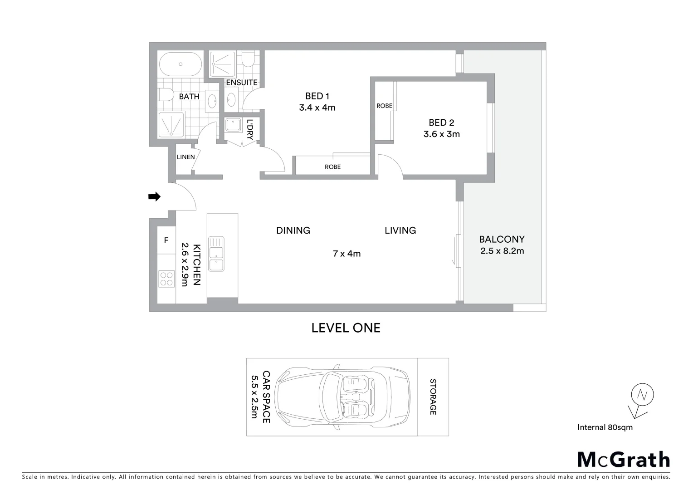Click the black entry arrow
click(154, 196)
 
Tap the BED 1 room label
click(317, 96)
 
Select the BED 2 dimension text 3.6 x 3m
click(441, 134)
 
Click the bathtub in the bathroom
click(181, 64)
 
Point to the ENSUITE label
click(242, 83)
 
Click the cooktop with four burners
click(166, 279)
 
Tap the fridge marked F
click(166, 240)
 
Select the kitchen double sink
click(216, 254)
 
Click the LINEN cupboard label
click(185, 157)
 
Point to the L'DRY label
click(250, 129)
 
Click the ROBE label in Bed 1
click(332, 167)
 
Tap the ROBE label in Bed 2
click(384, 106)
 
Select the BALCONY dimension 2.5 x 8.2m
click(502, 251)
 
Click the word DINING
click(293, 230)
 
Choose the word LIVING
click(400, 230)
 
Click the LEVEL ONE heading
click(346, 328)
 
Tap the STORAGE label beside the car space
click(433, 397)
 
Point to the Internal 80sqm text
click(605, 427)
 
